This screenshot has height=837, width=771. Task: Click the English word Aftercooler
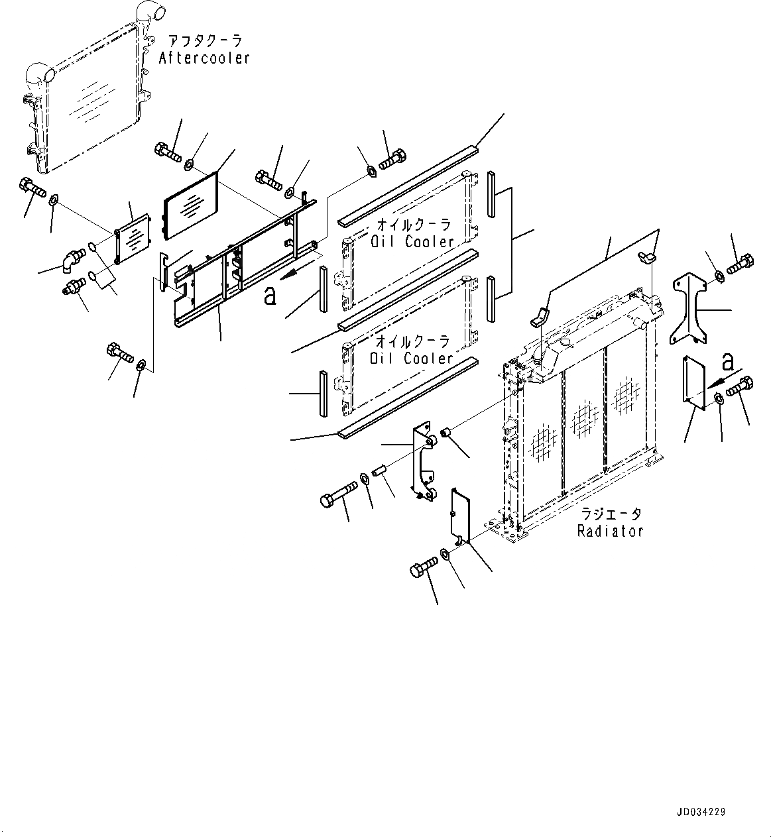pos(204,58)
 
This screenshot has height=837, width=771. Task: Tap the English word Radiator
pos(610,531)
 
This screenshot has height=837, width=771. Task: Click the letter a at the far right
pos(727,363)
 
